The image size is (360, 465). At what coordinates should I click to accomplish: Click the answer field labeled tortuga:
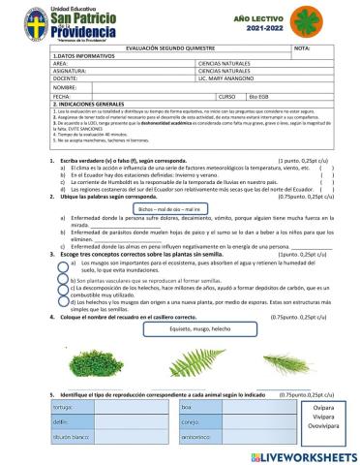pyautogui.click(x=106, y=407)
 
